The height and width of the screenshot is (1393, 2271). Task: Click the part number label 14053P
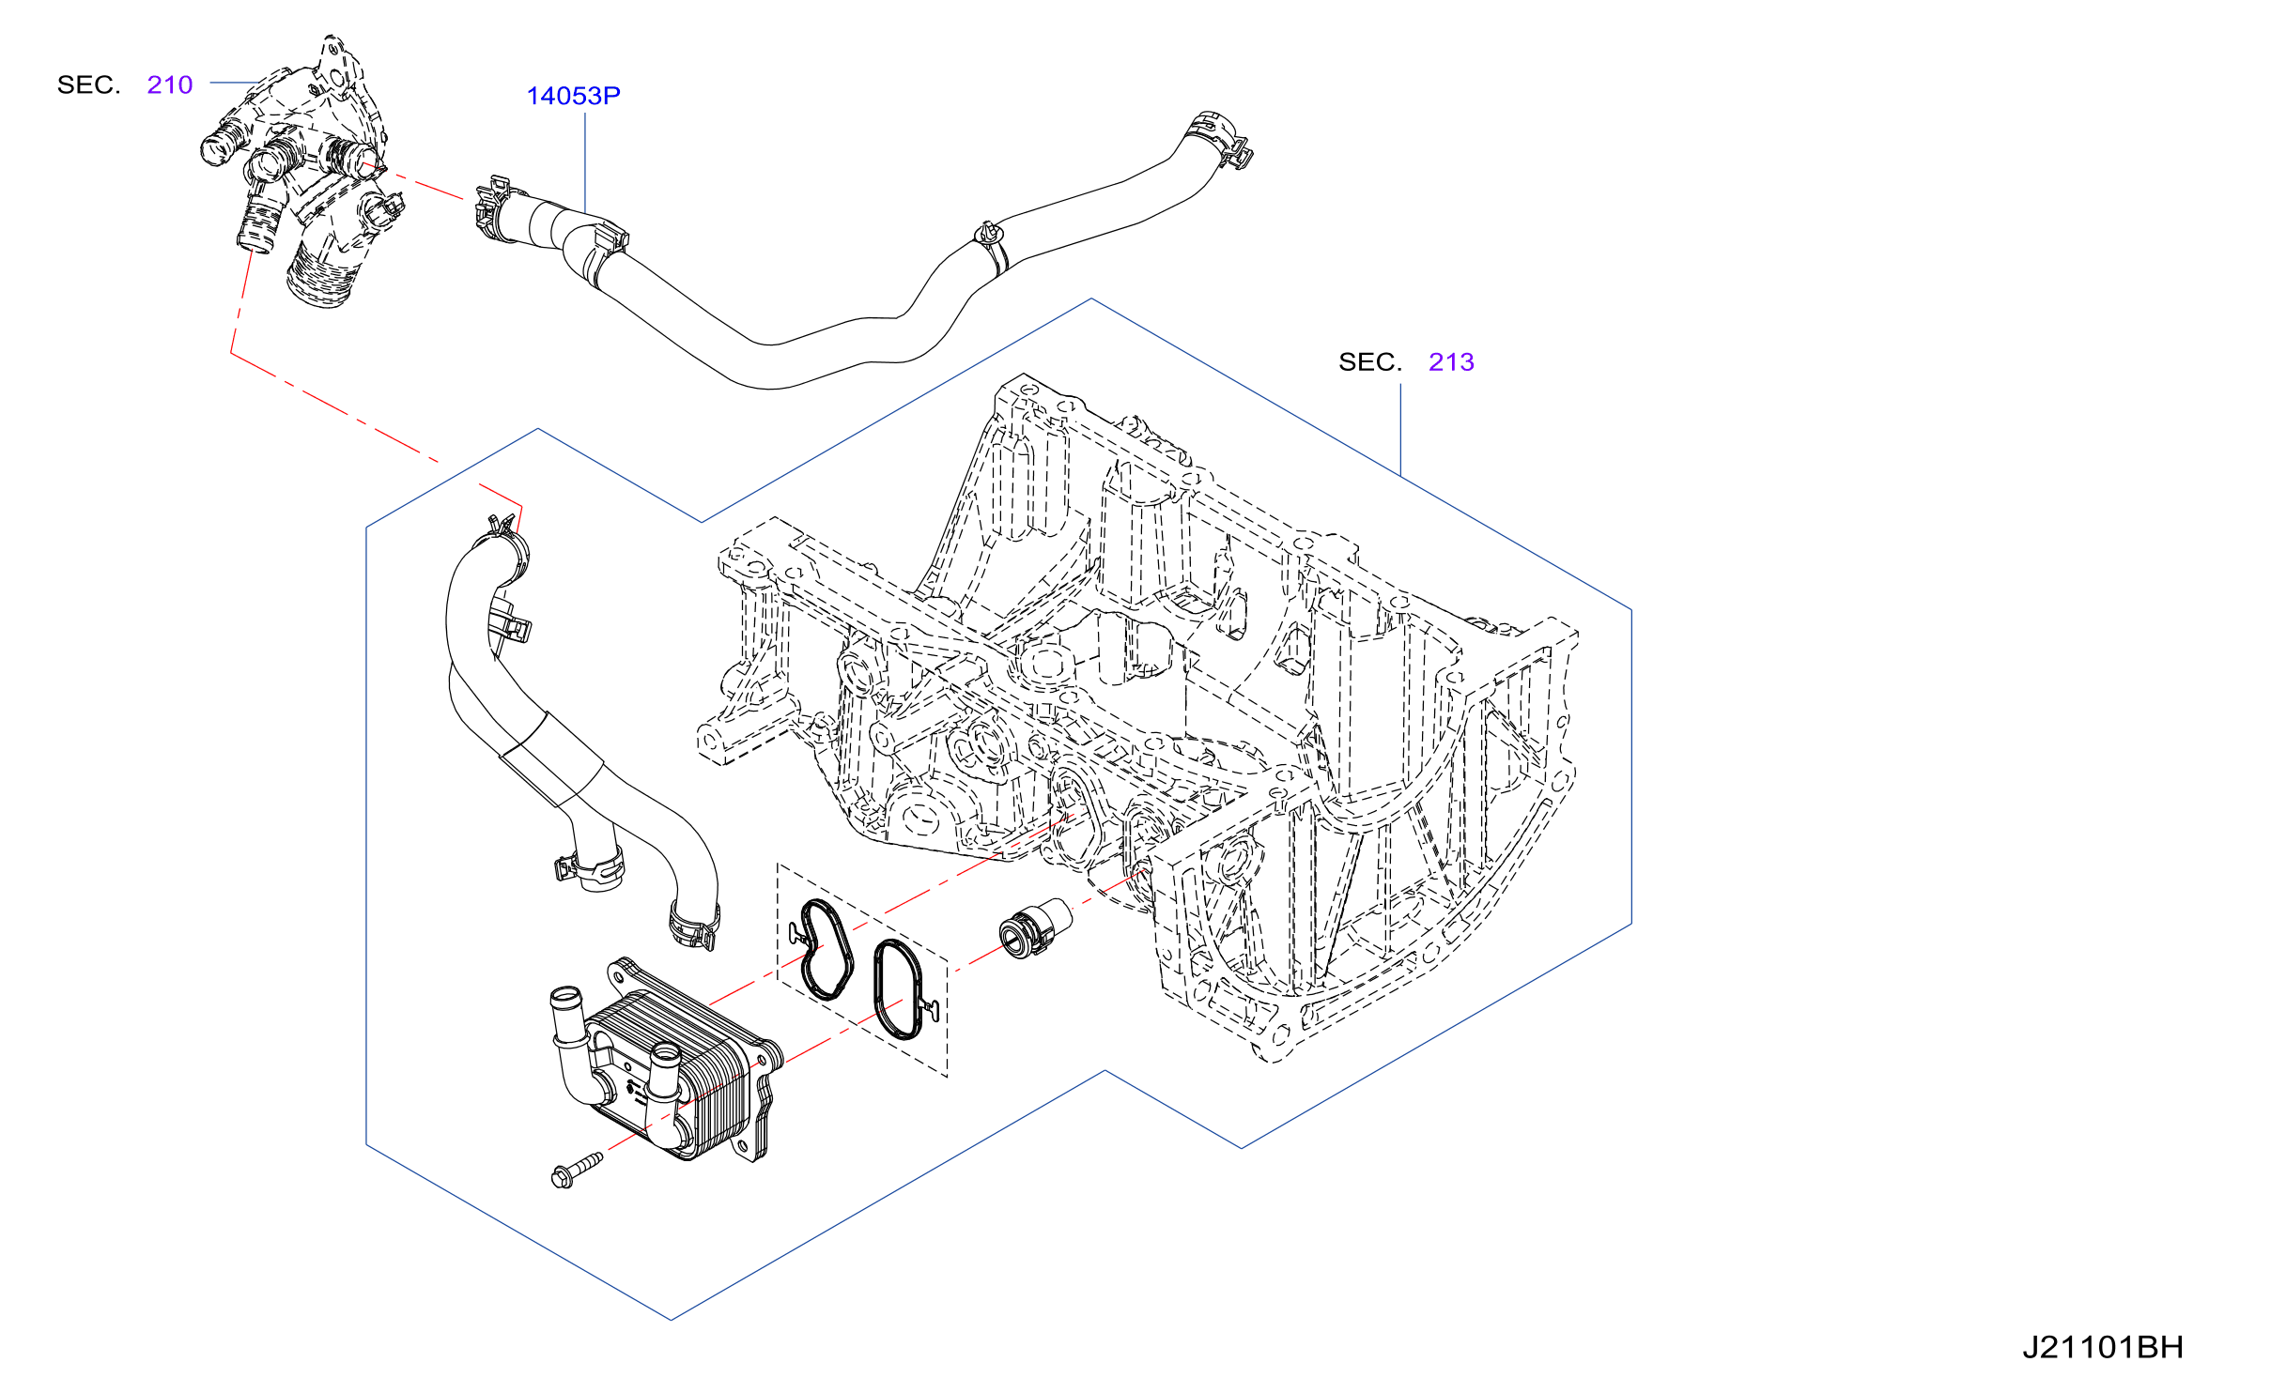[573, 96]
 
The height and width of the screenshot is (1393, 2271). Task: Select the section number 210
[170, 84]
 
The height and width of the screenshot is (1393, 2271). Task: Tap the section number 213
[1451, 361]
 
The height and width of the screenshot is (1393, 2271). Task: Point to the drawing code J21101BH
[2102, 1347]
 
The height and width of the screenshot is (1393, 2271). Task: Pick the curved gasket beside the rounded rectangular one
[825, 948]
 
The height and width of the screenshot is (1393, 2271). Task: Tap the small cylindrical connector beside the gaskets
[1034, 926]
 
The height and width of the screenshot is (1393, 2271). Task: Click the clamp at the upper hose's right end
[1223, 140]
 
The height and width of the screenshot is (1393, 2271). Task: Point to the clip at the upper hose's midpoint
[992, 245]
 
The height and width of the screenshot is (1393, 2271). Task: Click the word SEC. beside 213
[1369, 361]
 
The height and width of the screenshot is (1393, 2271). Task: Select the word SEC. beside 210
[89, 84]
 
